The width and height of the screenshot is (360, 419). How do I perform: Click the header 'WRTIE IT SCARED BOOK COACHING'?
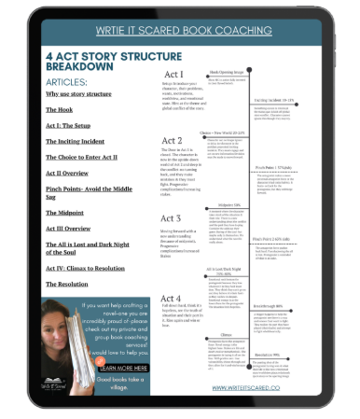(x=181, y=31)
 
